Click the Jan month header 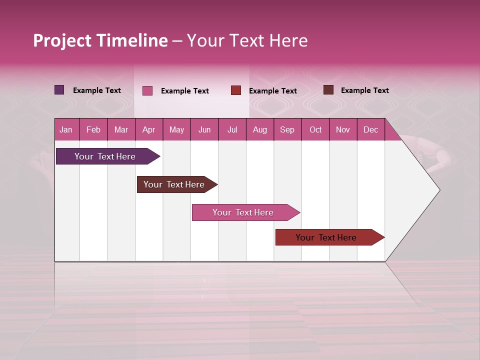(66, 130)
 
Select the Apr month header (148, 130)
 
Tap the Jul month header (232, 130)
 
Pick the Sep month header (287, 130)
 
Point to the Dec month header (370, 130)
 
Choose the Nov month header (342, 130)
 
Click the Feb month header (93, 130)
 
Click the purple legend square (59, 90)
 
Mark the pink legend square (147, 90)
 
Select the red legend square (236, 90)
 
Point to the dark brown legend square (328, 90)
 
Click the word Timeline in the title (132, 40)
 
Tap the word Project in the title (62, 40)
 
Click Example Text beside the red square (272, 91)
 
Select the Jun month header (204, 130)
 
